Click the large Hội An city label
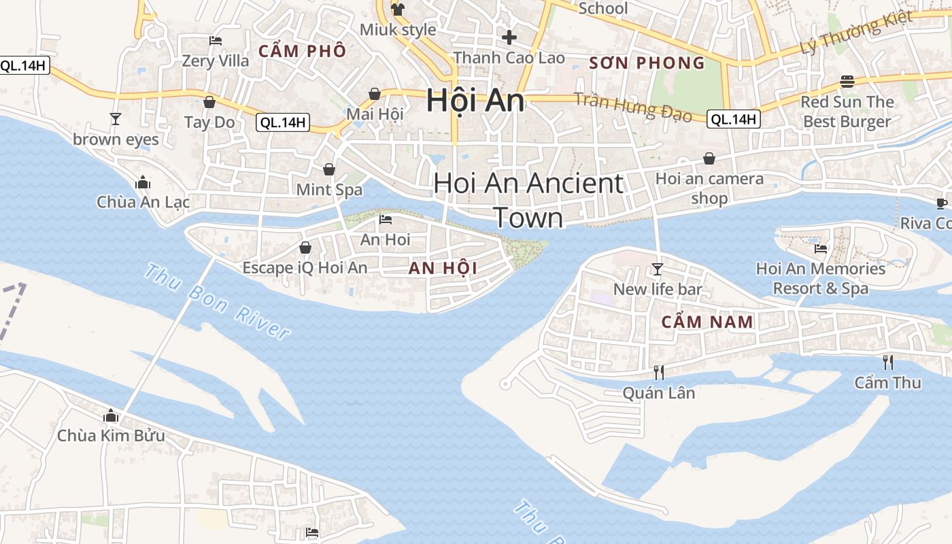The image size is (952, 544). click(x=475, y=101)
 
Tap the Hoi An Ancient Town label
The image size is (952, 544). click(x=528, y=200)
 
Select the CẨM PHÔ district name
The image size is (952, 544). click(x=303, y=51)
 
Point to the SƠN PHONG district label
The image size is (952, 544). click(x=647, y=63)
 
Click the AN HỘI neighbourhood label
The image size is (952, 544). click(x=443, y=268)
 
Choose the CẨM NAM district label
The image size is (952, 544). click(x=708, y=322)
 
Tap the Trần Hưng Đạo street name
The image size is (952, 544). click(x=633, y=107)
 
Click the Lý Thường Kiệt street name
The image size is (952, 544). click(x=856, y=32)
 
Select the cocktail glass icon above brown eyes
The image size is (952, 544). click(x=116, y=119)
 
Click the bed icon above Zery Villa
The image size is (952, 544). click(x=216, y=41)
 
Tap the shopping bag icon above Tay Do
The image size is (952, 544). click(x=209, y=102)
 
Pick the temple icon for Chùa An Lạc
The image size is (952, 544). click(x=143, y=182)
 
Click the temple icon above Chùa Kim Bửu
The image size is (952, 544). click(x=111, y=415)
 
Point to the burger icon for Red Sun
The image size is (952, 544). click(x=847, y=82)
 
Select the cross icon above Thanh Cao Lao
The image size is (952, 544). click(x=509, y=37)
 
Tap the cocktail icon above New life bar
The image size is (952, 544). click(x=657, y=269)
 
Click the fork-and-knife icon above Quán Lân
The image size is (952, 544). click(x=658, y=372)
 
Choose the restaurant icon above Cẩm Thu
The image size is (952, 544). click(x=887, y=362)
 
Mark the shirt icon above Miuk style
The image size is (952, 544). click(x=398, y=10)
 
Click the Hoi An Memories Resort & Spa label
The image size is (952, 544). click(x=821, y=278)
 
